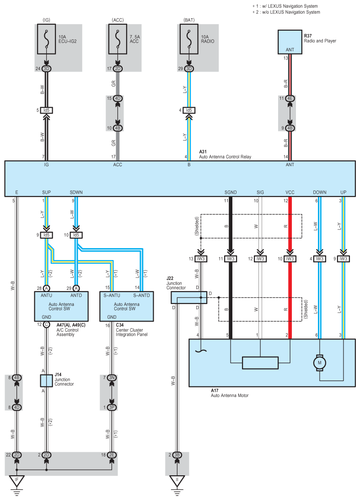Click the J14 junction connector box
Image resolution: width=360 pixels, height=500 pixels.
(x=47, y=380)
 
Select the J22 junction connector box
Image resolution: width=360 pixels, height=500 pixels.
(x=189, y=297)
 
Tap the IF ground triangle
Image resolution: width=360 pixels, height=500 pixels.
(x=17, y=481)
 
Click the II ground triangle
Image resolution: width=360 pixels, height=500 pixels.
(x=177, y=481)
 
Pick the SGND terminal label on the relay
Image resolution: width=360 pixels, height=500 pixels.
(x=231, y=192)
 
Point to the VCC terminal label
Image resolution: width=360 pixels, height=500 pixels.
(x=289, y=192)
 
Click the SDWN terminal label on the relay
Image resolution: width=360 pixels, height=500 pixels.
(x=76, y=192)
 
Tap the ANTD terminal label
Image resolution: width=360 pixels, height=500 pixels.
(x=76, y=295)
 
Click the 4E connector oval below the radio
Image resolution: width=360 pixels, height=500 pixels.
(x=290, y=98)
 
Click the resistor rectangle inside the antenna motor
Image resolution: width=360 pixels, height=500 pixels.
(x=260, y=363)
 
